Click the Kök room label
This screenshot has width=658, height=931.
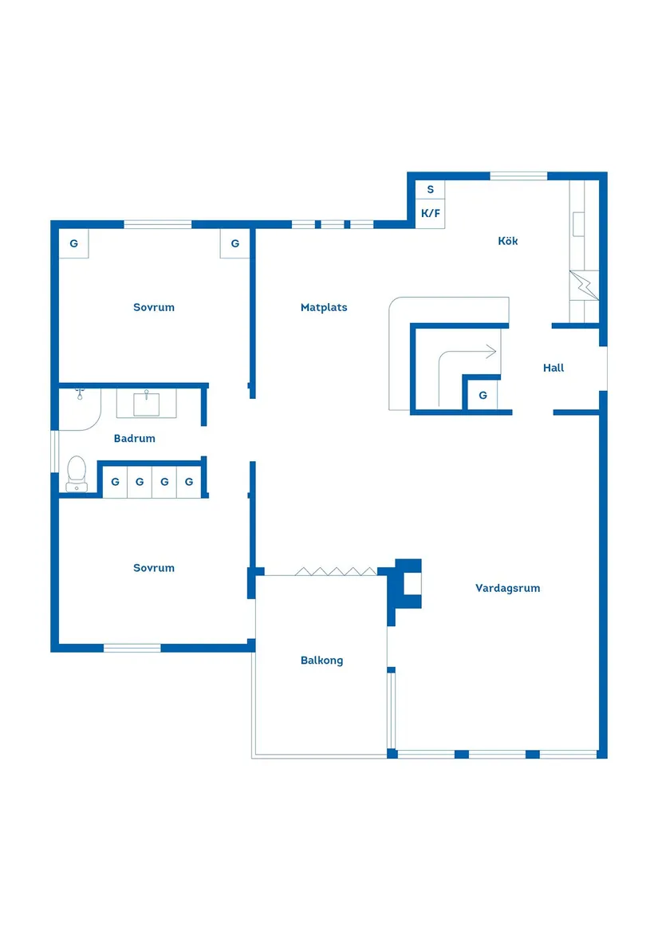click(x=507, y=241)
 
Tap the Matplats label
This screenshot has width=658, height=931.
click(x=324, y=307)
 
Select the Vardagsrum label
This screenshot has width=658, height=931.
click(x=507, y=588)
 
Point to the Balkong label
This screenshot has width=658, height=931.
click(x=321, y=660)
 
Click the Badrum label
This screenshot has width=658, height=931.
click(x=134, y=438)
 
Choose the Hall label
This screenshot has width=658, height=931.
click(x=554, y=368)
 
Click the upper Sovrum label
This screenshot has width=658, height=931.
click(x=154, y=307)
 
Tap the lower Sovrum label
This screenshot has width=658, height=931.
click(x=154, y=568)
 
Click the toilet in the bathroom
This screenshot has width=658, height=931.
click(x=77, y=472)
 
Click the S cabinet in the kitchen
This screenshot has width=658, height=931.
click(x=431, y=190)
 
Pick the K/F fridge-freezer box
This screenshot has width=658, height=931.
click(x=431, y=214)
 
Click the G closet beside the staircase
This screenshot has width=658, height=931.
click(x=483, y=395)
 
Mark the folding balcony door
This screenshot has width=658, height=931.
click(x=335, y=571)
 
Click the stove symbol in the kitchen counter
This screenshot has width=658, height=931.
click(x=583, y=285)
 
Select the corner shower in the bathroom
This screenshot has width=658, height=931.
click(x=77, y=407)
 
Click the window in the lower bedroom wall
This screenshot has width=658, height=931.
click(x=132, y=648)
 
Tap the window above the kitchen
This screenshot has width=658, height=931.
click(x=518, y=176)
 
